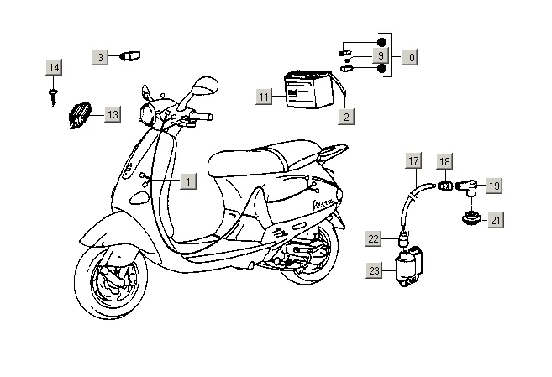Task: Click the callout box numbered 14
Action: pyautogui.click(x=54, y=67)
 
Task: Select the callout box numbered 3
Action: pyautogui.click(x=100, y=56)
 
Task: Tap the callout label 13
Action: pyautogui.click(x=113, y=114)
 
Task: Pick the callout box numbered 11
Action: pyautogui.click(x=264, y=97)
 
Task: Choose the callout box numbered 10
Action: pyautogui.click(x=408, y=57)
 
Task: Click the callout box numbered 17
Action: pyautogui.click(x=413, y=160)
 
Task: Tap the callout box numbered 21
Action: pyautogui.click(x=496, y=220)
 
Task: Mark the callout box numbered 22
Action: pyautogui.click(x=374, y=238)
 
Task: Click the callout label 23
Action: pyautogui.click(x=374, y=270)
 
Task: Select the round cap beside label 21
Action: pyautogui.click(x=467, y=221)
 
